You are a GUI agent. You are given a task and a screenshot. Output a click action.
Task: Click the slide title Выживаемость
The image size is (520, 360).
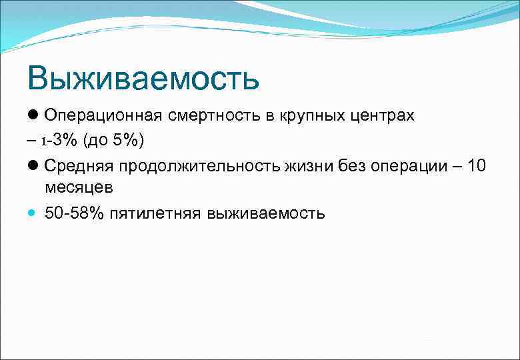(143, 79)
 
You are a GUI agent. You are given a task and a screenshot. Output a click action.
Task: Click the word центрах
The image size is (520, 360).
(383, 115)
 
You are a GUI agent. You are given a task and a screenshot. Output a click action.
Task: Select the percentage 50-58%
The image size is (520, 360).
(74, 213)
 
